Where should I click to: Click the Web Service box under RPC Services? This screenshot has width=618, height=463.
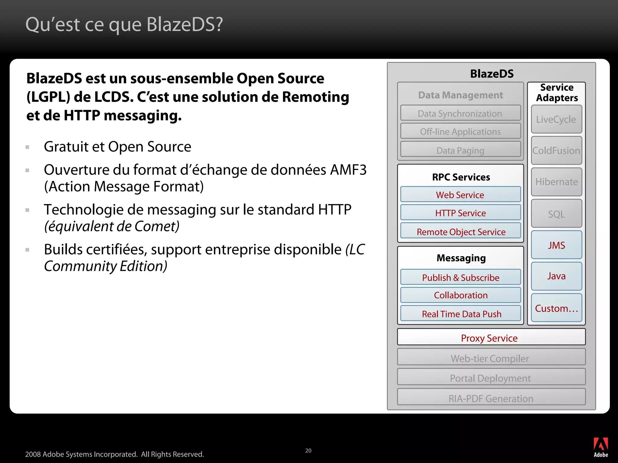click(460, 195)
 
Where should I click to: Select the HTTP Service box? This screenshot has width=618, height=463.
click(460, 213)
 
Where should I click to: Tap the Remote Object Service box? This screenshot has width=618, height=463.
click(460, 231)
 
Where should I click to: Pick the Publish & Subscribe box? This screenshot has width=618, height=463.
click(460, 277)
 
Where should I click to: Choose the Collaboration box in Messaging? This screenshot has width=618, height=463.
click(460, 295)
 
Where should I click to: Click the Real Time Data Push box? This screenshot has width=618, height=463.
click(460, 314)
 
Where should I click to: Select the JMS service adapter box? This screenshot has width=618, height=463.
click(556, 245)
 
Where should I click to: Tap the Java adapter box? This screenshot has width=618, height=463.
click(556, 276)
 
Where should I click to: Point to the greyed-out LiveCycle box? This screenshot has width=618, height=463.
click(556, 119)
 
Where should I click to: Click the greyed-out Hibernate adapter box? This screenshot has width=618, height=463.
click(556, 182)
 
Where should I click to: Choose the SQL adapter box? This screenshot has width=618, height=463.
click(556, 214)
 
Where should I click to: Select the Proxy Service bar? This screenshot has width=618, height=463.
click(491, 338)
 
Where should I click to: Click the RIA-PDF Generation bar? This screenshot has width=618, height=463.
click(491, 398)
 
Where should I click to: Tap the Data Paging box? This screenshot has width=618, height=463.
click(460, 150)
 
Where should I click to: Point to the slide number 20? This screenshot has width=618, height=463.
click(308, 450)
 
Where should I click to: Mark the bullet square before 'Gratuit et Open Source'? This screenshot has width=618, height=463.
click(27, 147)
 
